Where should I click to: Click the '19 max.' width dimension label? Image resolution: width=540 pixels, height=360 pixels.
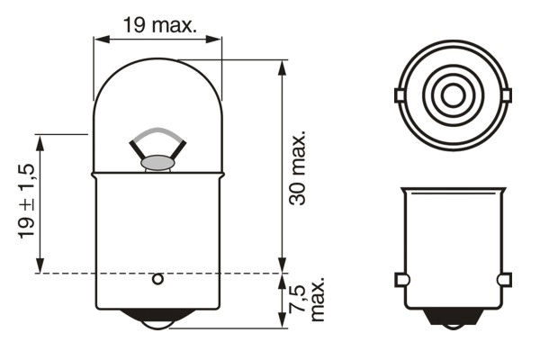click(159, 24)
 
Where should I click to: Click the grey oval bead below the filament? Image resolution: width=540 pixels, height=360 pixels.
click(157, 163)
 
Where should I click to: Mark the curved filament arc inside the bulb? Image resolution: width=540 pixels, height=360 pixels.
click(157, 132)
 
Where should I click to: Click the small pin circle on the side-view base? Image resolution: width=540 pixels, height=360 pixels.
click(157, 279)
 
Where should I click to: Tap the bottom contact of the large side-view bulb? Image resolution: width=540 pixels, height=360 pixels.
click(157, 319)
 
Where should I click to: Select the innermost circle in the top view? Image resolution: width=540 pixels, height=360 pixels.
click(452, 94)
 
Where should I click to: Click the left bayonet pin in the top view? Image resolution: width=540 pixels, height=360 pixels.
click(400, 94)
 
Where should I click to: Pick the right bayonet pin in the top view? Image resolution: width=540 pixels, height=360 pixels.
click(505, 94)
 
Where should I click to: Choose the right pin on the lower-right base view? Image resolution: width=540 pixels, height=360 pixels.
click(505, 279)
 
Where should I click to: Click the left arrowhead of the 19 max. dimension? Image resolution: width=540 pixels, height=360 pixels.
click(99, 39)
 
